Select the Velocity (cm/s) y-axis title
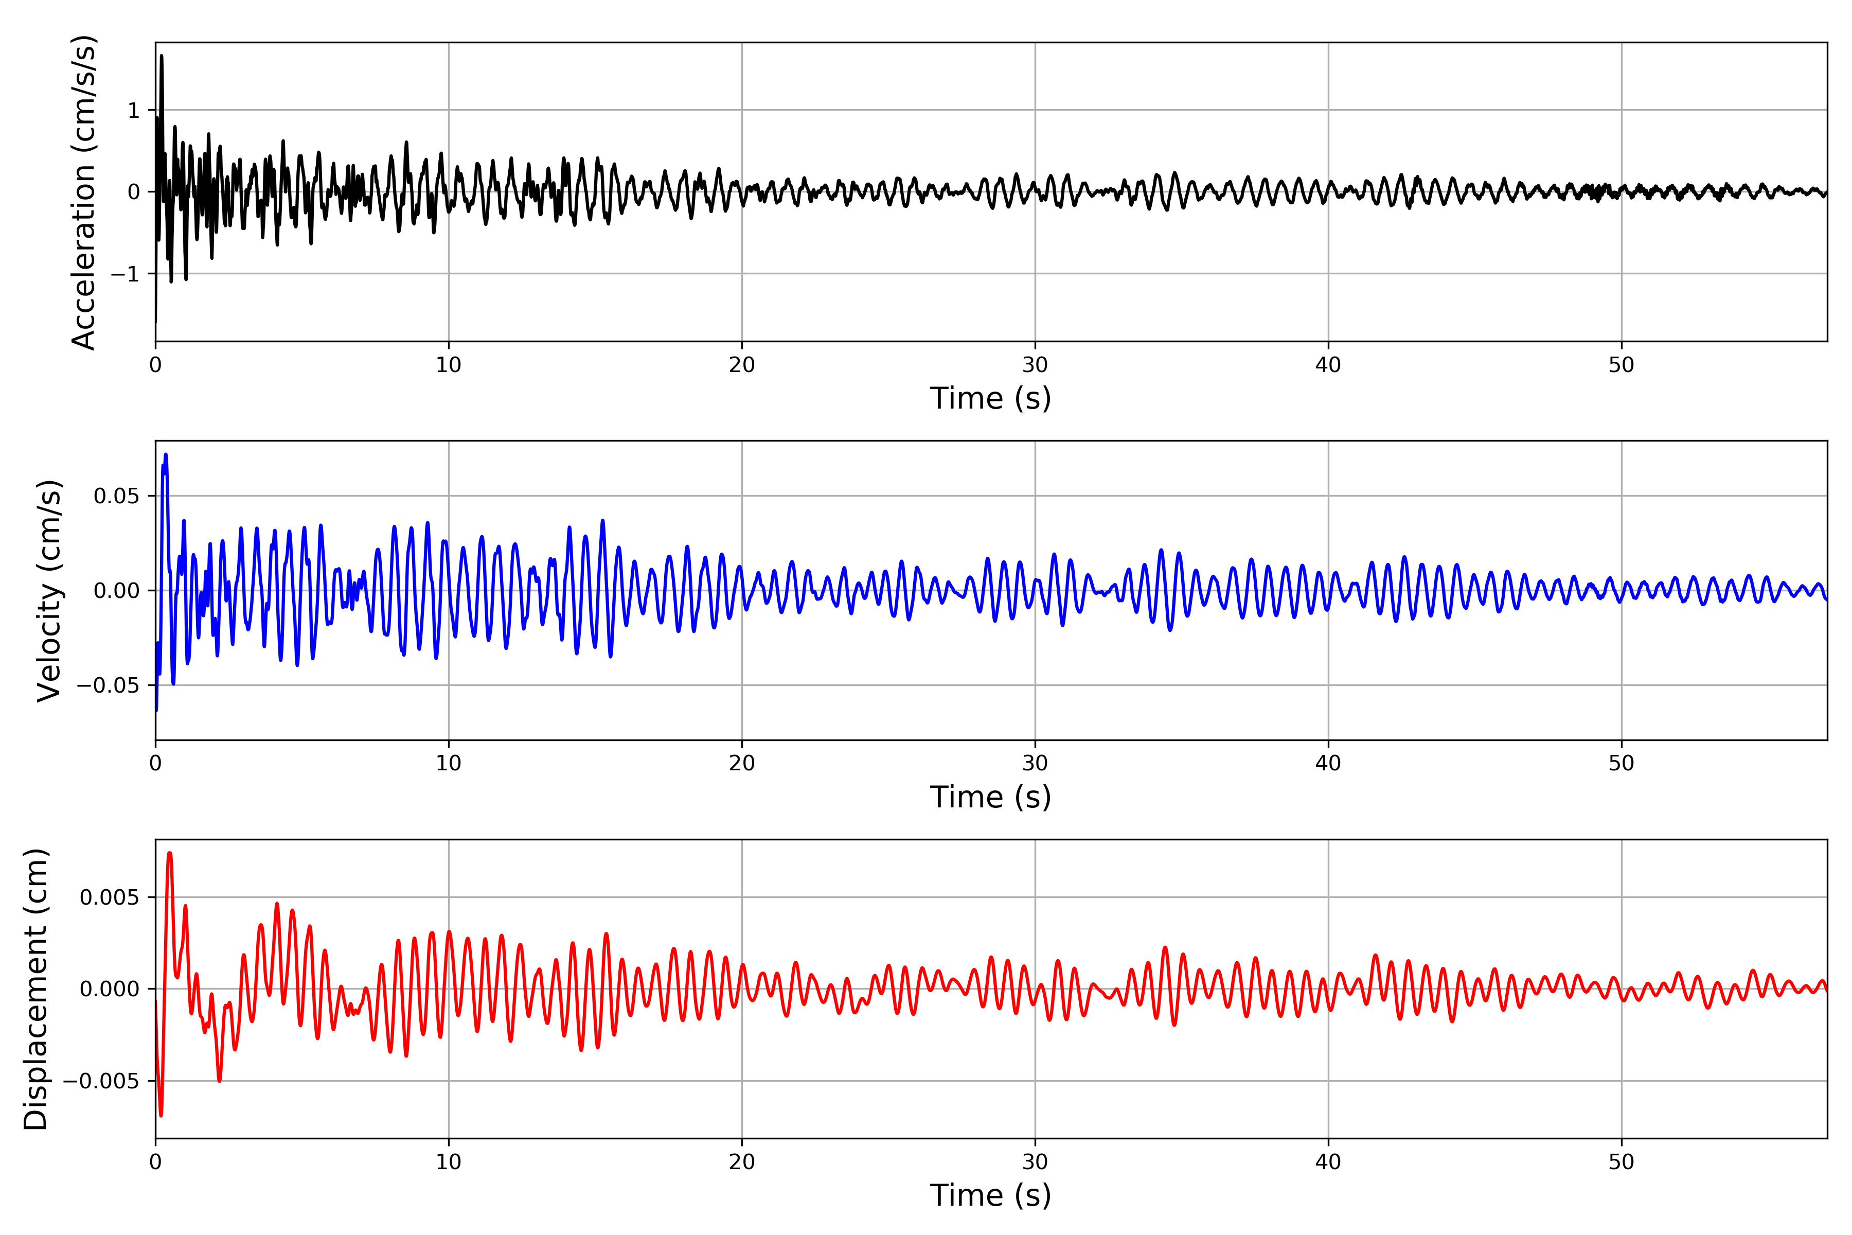49,591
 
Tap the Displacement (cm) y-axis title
35,989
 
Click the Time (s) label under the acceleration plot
991,398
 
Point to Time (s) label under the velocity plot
991,797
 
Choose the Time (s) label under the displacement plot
991,1195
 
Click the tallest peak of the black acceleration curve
162,56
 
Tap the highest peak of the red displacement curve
169,853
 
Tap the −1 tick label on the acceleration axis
124,274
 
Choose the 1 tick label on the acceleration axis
134,110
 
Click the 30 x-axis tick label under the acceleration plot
1035,365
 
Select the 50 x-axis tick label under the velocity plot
1622,763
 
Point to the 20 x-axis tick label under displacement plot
742,1162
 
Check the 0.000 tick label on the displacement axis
109,989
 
